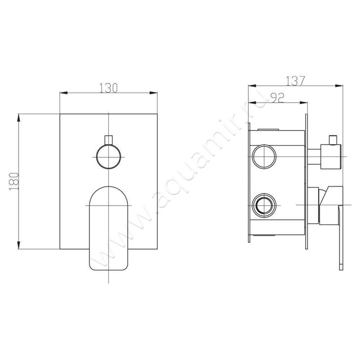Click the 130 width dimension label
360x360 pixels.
(108, 88)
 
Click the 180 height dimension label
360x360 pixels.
(14, 181)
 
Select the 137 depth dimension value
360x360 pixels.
(295, 81)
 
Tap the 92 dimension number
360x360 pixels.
(278, 98)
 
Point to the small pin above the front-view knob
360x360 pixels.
(108, 140)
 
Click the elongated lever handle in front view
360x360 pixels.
(108, 228)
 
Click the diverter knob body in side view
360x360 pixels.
(331, 157)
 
